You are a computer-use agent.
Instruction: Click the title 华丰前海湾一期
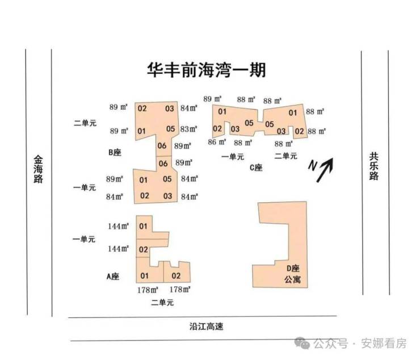(x=207, y=70)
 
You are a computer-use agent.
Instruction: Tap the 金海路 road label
(x=38, y=169)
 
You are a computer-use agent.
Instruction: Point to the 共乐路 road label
(x=374, y=166)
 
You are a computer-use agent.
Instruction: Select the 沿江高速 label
(x=206, y=326)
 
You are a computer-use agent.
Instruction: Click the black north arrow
(x=325, y=170)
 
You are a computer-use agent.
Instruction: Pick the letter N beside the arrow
(x=312, y=165)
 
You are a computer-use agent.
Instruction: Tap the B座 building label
(x=115, y=152)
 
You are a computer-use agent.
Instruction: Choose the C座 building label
(x=256, y=168)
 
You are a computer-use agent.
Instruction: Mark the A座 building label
(x=113, y=277)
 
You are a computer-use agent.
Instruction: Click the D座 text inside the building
(x=293, y=269)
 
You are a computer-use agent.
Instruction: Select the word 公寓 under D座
(x=293, y=279)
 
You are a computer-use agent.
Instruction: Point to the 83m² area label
(x=189, y=129)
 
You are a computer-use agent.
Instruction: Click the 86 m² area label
(x=217, y=142)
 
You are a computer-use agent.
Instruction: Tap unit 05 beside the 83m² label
(x=171, y=129)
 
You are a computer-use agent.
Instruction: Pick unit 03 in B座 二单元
(x=170, y=108)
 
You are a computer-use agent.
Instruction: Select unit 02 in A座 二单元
(x=176, y=275)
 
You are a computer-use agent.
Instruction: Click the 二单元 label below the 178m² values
(x=162, y=303)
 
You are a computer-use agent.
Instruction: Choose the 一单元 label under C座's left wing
(x=233, y=157)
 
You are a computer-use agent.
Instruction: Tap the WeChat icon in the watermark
(x=302, y=343)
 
